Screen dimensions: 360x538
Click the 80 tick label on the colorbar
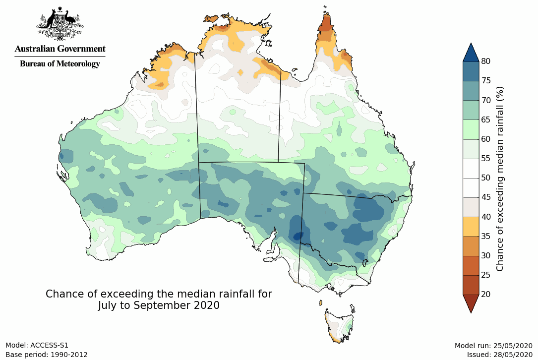[485, 61]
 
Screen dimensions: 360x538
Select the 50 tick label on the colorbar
[485, 178]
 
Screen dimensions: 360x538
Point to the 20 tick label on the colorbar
[485, 294]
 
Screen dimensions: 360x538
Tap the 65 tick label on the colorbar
[485, 120]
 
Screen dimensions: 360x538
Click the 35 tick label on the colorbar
[485, 236]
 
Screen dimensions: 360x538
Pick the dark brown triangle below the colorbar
[471, 303]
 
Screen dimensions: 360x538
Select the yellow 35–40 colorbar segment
[471, 226]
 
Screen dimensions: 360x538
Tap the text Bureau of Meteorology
[60, 64]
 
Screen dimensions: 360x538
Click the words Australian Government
[60, 49]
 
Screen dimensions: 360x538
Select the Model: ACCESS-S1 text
[37, 345]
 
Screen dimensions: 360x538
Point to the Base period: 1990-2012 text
[47, 355]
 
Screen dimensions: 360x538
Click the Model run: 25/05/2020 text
[493, 345]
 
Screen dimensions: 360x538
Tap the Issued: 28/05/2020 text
[499, 355]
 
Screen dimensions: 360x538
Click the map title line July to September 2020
[159, 305]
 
